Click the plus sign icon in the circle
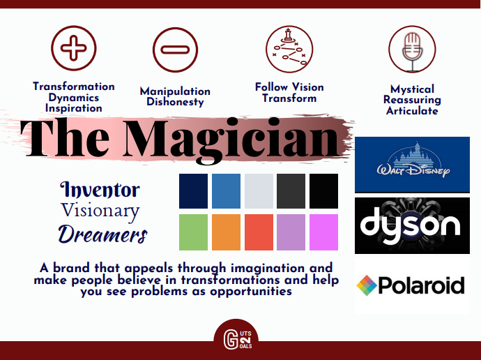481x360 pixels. click(x=74, y=48)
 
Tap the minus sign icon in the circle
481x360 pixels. click(x=175, y=50)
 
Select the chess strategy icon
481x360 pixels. click(x=289, y=49)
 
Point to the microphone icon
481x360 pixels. click(x=412, y=49)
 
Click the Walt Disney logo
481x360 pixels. click(x=412, y=165)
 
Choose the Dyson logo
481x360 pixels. click(x=412, y=225)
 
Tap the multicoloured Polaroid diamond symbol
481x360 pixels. click(x=367, y=285)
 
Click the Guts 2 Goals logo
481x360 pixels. click(x=236, y=338)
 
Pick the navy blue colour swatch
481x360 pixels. click(x=193, y=191)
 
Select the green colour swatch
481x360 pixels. click(x=193, y=232)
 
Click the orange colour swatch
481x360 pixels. click(x=226, y=232)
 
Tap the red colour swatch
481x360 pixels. click(x=259, y=232)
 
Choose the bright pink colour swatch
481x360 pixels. click(x=323, y=232)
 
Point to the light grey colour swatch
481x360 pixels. click(x=259, y=191)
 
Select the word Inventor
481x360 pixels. click(x=100, y=189)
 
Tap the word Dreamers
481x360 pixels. click(x=102, y=234)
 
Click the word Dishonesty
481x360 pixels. click(x=175, y=102)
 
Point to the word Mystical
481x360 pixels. click(x=412, y=89)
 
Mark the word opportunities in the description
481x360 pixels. click(x=251, y=292)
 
